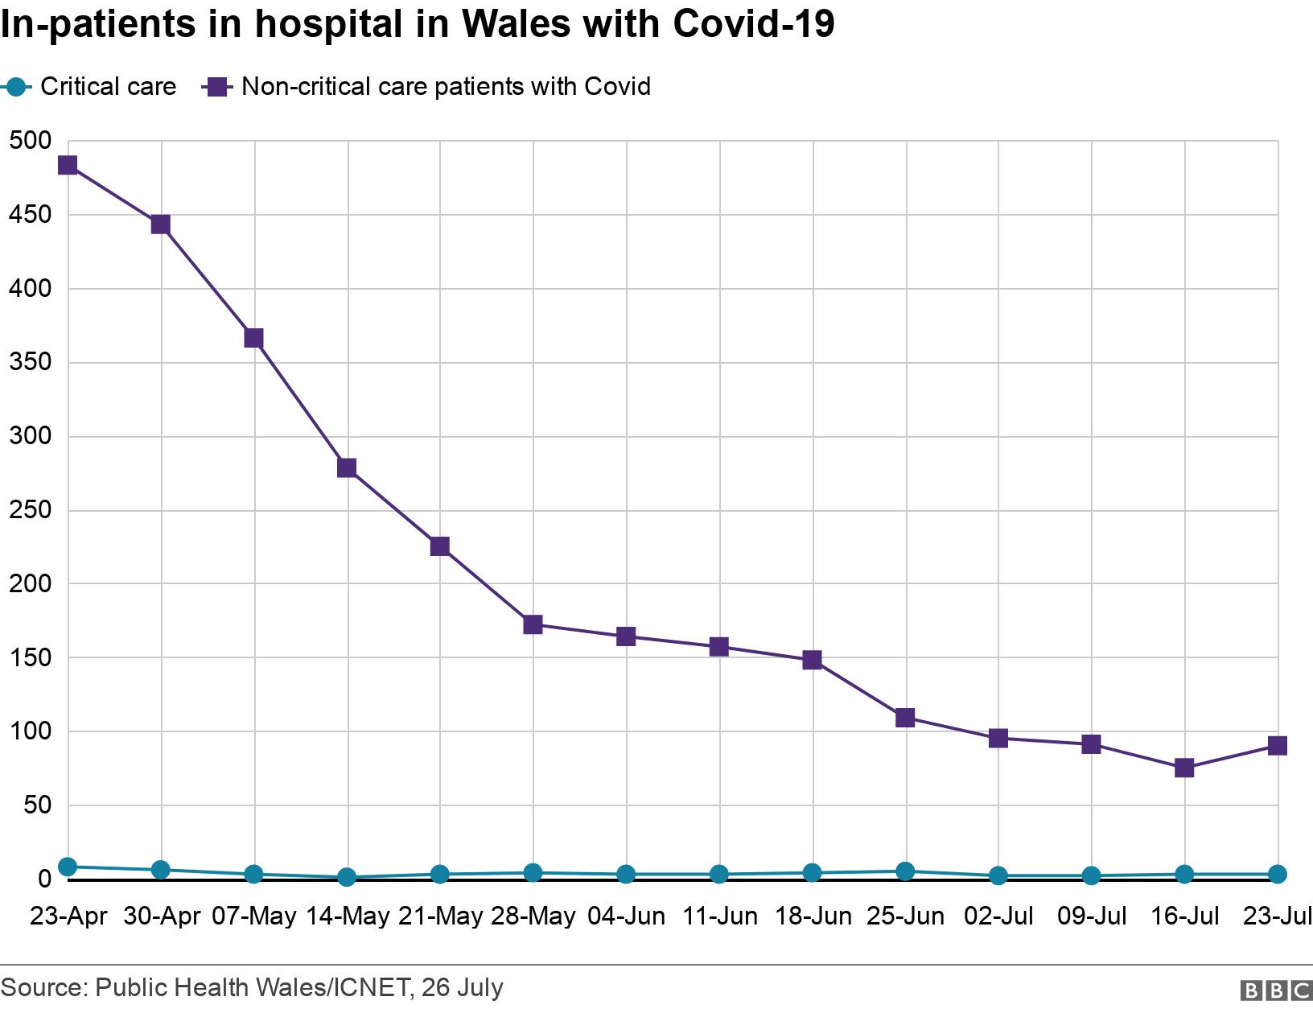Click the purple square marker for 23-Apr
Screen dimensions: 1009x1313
(68, 166)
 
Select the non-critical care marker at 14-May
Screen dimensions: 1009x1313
(347, 468)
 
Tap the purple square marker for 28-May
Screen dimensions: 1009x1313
(533, 624)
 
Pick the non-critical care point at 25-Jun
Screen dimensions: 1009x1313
(905, 718)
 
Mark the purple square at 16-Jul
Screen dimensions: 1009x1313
(1184, 768)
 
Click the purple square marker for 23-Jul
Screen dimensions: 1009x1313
(1277, 746)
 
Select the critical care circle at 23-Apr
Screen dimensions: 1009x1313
(68, 867)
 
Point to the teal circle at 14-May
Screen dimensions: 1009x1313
(347, 877)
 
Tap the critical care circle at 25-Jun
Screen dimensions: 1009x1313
(905, 871)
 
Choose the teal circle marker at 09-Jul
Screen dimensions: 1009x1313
(1092, 875)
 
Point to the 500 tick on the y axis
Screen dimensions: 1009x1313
(30, 141)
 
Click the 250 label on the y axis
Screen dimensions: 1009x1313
(30, 510)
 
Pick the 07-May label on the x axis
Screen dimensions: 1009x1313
(254, 916)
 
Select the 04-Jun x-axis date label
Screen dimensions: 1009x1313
(626, 916)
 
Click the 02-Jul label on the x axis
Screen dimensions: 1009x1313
(998, 916)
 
